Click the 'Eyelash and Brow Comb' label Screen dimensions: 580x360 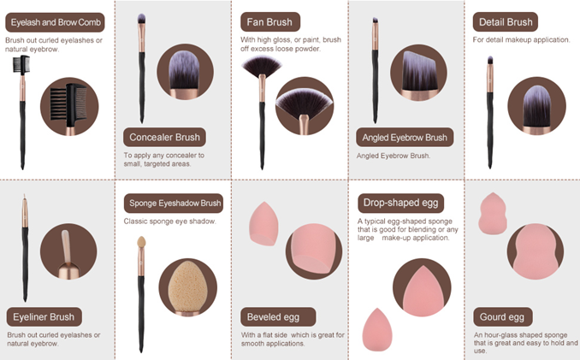pos(55,22)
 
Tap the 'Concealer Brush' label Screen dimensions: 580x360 pos(164,138)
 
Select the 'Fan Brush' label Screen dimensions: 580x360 pos(270,22)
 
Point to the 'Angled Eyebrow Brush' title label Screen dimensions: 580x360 pos(405,138)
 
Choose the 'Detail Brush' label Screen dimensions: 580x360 pos(506,22)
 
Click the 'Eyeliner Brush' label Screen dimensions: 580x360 pos(44,317)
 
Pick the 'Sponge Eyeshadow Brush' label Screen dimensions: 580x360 pos(174,204)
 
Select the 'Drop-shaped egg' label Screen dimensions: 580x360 pos(400,203)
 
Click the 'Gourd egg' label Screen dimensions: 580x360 pos(503,317)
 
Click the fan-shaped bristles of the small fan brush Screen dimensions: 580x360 pos(262,66)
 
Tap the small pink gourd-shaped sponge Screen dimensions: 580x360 pos(493,214)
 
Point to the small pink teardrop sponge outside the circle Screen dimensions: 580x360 pos(377,330)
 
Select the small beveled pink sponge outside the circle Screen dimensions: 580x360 pos(263,224)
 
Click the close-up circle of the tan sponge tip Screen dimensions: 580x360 pos(188,287)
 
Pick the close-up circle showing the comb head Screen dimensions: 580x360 pos(69,107)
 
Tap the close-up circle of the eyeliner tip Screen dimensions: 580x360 pos(68,251)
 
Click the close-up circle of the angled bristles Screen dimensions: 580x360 pos(418,73)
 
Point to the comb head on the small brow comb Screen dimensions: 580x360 pos(21,66)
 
